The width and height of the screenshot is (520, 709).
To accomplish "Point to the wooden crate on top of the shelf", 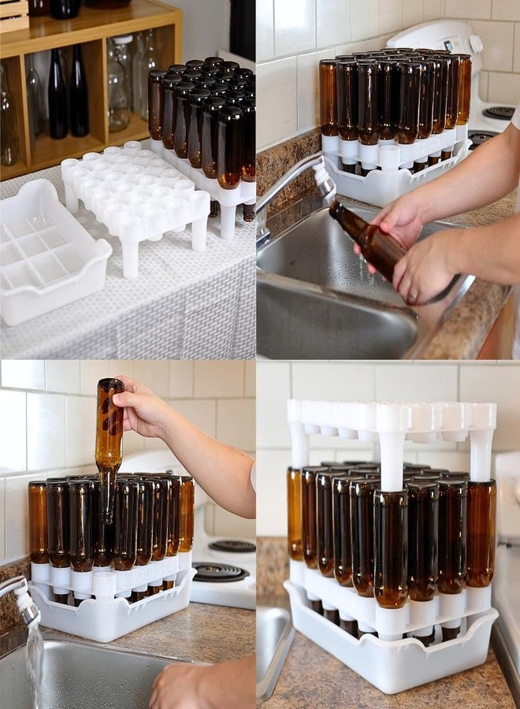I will pos(13,14).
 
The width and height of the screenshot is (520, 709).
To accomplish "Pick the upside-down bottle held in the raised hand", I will pos(109,441).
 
